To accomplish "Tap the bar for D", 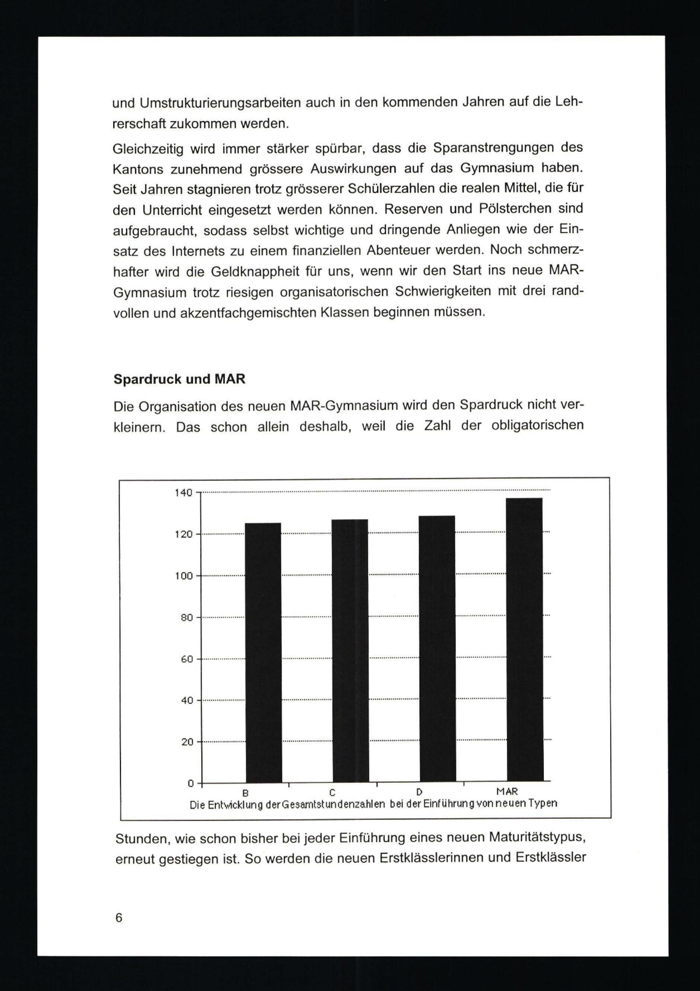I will click(x=437, y=650).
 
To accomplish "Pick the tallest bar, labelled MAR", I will click(x=525, y=641).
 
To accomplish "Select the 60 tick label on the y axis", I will click(x=187, y=659).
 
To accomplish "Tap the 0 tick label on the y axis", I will click(x=190, y=783).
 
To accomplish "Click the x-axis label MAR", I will click(x=507, y=791).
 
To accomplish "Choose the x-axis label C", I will click(x=332, y=793).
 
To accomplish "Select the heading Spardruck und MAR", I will click(x=179, y=379).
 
